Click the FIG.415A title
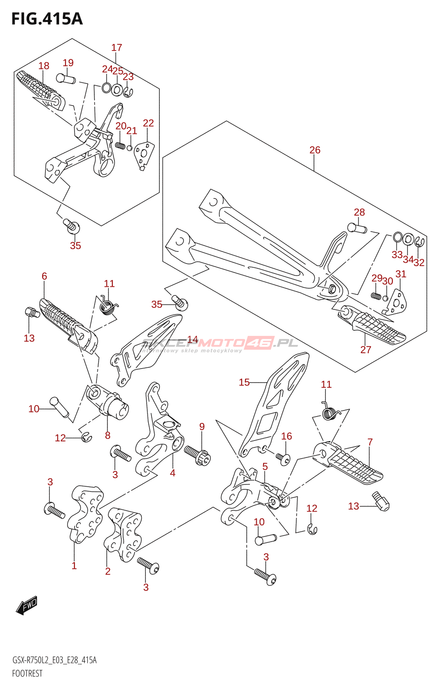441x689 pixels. [x=47, y=19]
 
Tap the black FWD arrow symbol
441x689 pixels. [x=27, y=605]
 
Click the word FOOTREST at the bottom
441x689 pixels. [x=27, y=673]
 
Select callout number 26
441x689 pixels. [x=315, y=150]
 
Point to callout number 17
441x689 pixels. [x=117, y=48]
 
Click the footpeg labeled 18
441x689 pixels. [x=41, y=88]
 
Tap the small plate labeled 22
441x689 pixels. [x=143, y=155]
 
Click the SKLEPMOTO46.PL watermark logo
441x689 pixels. [x=220, y=344]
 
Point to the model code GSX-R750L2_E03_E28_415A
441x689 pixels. [x=54, y=661]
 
